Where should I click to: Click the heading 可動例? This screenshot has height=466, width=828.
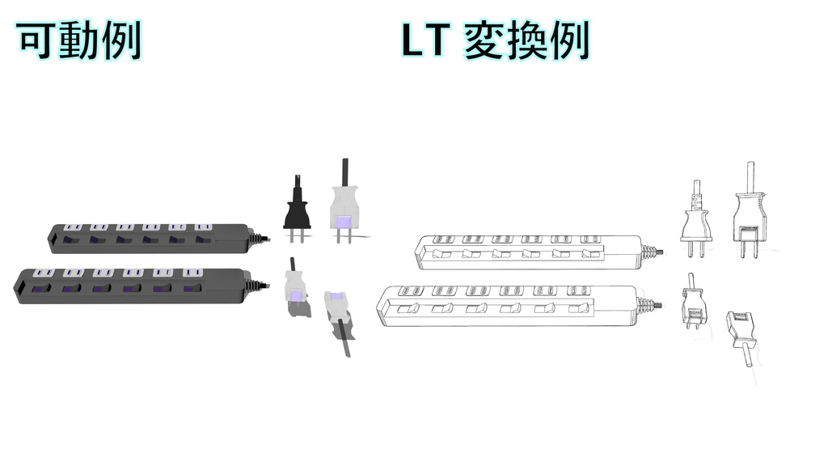point(79,40)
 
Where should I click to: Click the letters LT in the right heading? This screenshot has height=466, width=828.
point(425,40)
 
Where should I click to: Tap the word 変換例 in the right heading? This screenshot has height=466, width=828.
point(526,40)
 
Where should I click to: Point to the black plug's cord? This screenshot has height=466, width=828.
point(295,184)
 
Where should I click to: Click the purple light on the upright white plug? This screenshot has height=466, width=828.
point(343,221)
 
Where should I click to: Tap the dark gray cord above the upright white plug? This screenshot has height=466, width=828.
point(345,172)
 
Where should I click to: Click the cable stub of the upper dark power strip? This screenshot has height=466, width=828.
point(259,238)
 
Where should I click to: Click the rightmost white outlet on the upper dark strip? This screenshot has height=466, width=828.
point(202,227)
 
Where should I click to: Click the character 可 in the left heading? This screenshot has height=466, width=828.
point(36,40)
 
